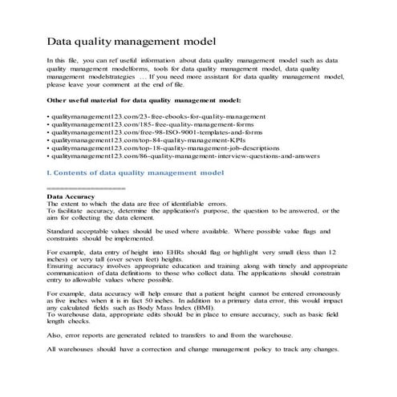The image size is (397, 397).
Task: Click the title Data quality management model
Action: (130, 40)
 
